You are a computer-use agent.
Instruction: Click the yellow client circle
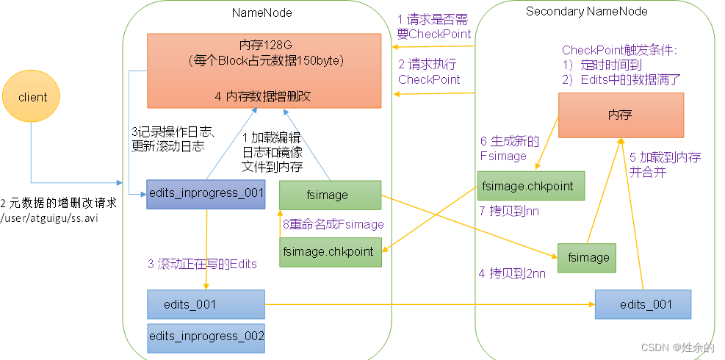pyautogui.click(x=32, y=97)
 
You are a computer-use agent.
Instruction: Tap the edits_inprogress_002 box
pyautogui.click(x=205, y=336)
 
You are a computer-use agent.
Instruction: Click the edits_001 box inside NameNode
pyautogui.click(x=205, y=303)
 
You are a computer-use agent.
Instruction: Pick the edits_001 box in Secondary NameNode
pyautogui.click(x=643, y=303)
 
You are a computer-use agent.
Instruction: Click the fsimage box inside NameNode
pyautogui.click(x=330, y=195)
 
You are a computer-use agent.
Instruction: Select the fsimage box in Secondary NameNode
pyautogui.click(x=586, y=257)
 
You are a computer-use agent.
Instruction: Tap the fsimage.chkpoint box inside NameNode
pyautogui.click(x=330, y=251)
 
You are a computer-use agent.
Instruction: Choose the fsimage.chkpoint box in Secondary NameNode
pyautogui.click(x=530, y=186)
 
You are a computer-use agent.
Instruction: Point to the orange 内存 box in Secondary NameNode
pyautogui.click(x=621, y=115)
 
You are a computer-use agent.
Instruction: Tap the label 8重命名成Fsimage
pyautogui.click(x=333, y=224)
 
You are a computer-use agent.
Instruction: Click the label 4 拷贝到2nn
pyautogui.click(x=513, y=273)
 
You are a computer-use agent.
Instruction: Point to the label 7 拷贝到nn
pyautogui.click(x=514, y=212)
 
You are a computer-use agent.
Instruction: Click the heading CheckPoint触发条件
pyautogui.click(x=619, y=50)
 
